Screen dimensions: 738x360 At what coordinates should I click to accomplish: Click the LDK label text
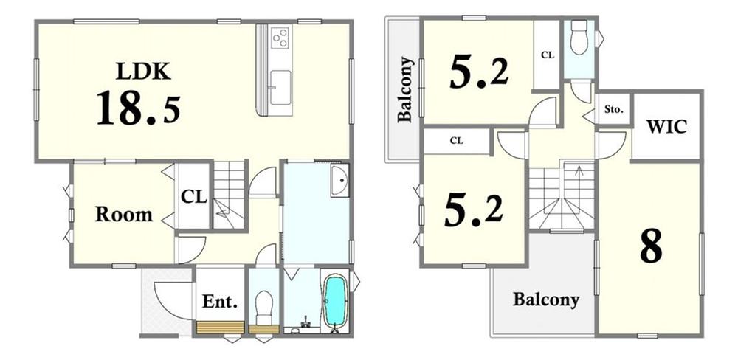[x=143, y=72]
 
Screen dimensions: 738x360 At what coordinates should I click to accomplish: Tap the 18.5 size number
[x=139, y=109]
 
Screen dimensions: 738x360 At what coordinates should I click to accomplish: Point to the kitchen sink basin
[x=281, y=88]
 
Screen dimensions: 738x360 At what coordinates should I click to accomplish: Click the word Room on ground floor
[x=124, y=215]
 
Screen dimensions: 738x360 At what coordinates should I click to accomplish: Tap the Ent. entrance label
[x=220, y=301]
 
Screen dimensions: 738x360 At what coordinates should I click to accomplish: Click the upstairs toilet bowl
[x=579, y=37]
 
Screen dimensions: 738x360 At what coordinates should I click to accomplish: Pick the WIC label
[x=666, y=127]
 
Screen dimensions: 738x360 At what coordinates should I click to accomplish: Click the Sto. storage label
[x=614, y=110]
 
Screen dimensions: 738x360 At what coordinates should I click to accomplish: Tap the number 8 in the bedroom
[x=652, y=246]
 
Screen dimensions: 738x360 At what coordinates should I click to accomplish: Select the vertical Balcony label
[x=405, y=89]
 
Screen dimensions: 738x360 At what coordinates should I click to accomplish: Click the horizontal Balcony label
[x=546, y=300]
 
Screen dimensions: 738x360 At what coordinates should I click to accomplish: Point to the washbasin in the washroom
[x=339, y=181]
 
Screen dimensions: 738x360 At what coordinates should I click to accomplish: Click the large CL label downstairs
[x=194, y=197]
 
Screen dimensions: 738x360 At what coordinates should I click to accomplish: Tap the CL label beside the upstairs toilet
[x=548, y=55]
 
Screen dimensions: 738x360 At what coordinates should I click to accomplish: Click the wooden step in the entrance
[x=220, y=328]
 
